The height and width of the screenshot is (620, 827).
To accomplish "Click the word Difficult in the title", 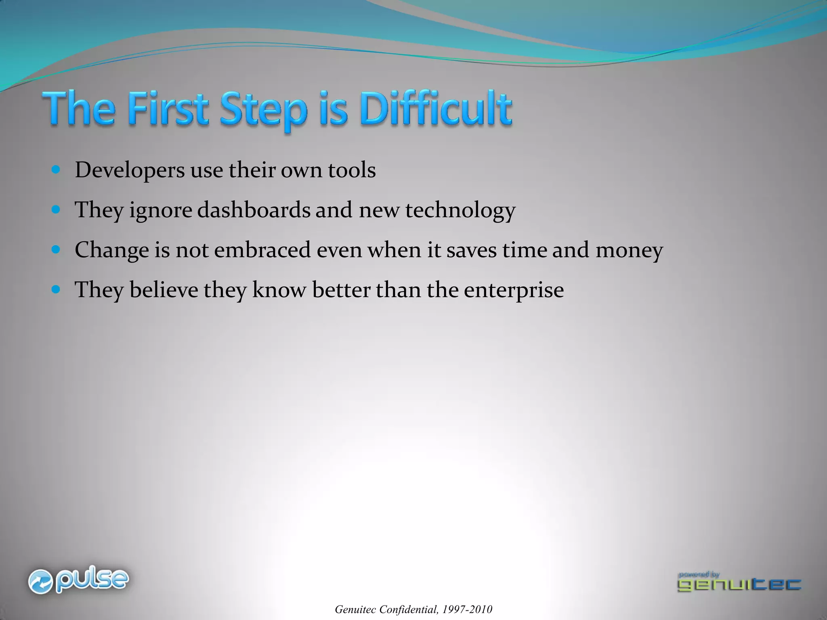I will [436, 109].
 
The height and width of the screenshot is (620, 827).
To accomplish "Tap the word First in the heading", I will [167, 109].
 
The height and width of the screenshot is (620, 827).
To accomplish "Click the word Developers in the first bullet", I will [130, 170].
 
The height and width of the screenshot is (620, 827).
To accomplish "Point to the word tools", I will [351, 170].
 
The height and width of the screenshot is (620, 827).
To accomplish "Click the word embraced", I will [262, 250].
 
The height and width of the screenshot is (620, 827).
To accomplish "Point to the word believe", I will [164, 290].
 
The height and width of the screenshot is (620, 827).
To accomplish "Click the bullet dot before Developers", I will [56, 170].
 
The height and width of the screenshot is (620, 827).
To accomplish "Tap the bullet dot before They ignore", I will [56, 209].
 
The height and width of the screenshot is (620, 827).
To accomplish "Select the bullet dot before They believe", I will [56, 289].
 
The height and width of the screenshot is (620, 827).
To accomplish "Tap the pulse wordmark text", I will [92, 580].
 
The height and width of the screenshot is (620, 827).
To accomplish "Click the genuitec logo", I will [739, 582].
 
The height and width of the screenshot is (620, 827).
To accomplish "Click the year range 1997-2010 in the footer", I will [467, 610].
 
